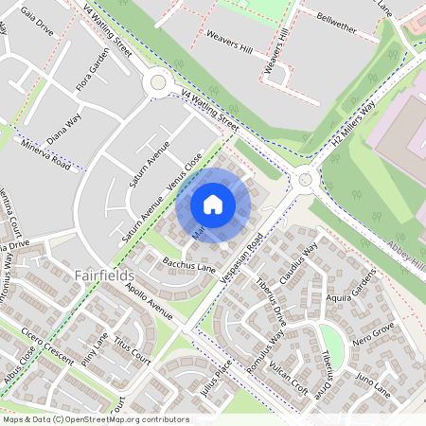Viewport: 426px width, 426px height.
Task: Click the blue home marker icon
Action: click(213, 204)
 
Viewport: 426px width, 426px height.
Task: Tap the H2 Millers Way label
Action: click(354, 123)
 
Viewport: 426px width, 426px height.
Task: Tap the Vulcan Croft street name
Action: click(288, 374)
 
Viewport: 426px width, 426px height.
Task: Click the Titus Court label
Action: click(132, 351)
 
